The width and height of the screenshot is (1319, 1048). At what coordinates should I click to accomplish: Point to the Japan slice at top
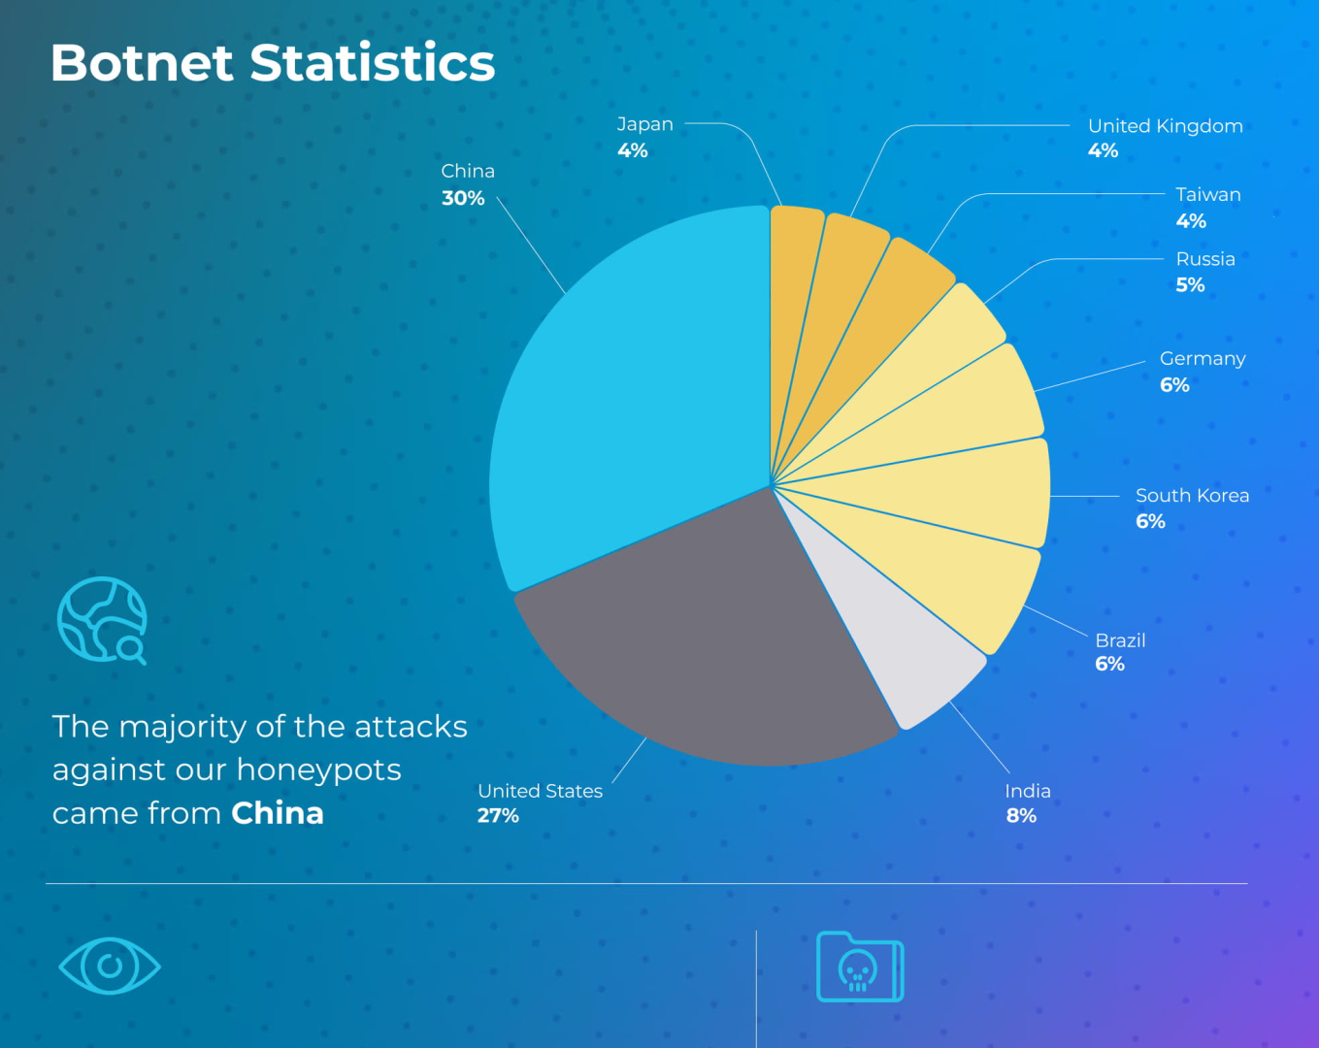coord(794,291)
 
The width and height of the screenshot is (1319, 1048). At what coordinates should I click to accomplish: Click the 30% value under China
coord(463,198)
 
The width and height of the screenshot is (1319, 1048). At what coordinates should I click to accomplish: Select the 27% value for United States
coord(498,816)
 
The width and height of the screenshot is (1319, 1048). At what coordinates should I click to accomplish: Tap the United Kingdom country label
coord(1165,126)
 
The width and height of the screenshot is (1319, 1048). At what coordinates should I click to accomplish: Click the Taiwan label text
coord(1207,194)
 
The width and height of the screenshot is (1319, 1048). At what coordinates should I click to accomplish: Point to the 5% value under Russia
coord(1190,285)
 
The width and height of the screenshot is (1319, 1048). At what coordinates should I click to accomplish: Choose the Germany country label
coord(1203,358)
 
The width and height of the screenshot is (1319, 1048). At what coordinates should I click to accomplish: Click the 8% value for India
coord(1021,816)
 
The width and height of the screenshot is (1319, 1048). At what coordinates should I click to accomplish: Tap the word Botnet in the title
coord(142,63)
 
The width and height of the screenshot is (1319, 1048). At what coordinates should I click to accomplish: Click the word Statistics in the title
coord(373,63)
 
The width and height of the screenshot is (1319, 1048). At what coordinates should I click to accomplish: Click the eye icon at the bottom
coord(110,966)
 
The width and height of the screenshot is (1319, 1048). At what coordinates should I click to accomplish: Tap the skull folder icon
coord(860,967)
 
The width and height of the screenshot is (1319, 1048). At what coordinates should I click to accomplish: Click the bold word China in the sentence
coord(278,813)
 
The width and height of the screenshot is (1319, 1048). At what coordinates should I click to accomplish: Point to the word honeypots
coord(318,770)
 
